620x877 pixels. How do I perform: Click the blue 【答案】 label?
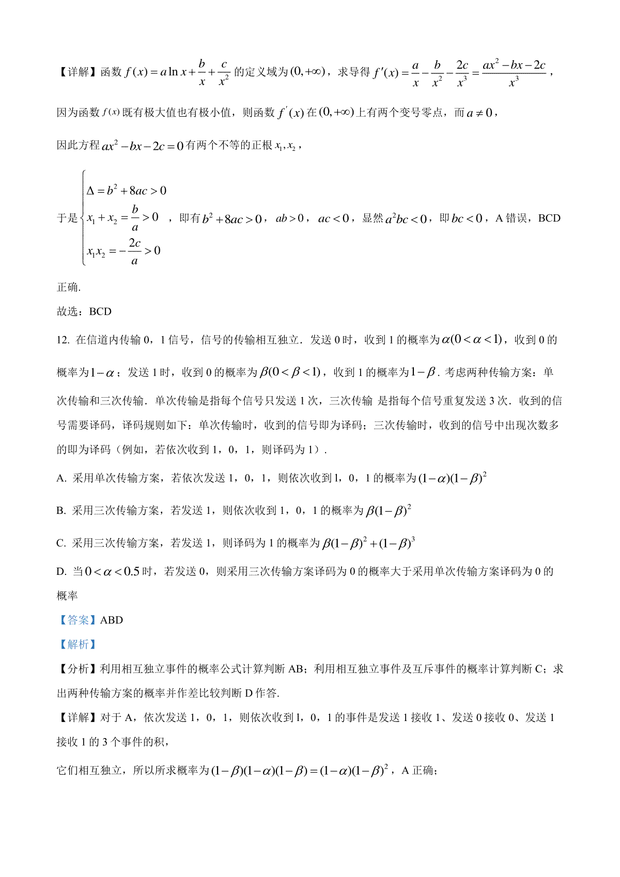click(x=78, y=620)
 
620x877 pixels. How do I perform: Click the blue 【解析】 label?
click(x=78, y=644)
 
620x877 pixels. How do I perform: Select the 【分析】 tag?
click(x=78, y=669)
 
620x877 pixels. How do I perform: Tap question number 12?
click(x=63, y=340)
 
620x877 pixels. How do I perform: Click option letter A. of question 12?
click(x=61, y=478)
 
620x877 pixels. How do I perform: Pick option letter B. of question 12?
click(x=61, y=511)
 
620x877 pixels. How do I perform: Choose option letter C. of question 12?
click(x=61, y=543)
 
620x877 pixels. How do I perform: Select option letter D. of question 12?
click(x=61, y=571)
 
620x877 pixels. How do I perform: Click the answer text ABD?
click(x=112, y=620)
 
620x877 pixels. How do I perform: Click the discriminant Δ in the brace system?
click(x=90, y=191)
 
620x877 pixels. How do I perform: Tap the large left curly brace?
click(x=83, y=218)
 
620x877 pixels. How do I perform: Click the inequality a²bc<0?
click(x=406, y=218)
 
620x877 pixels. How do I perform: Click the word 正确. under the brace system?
click(x=68, y=287)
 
